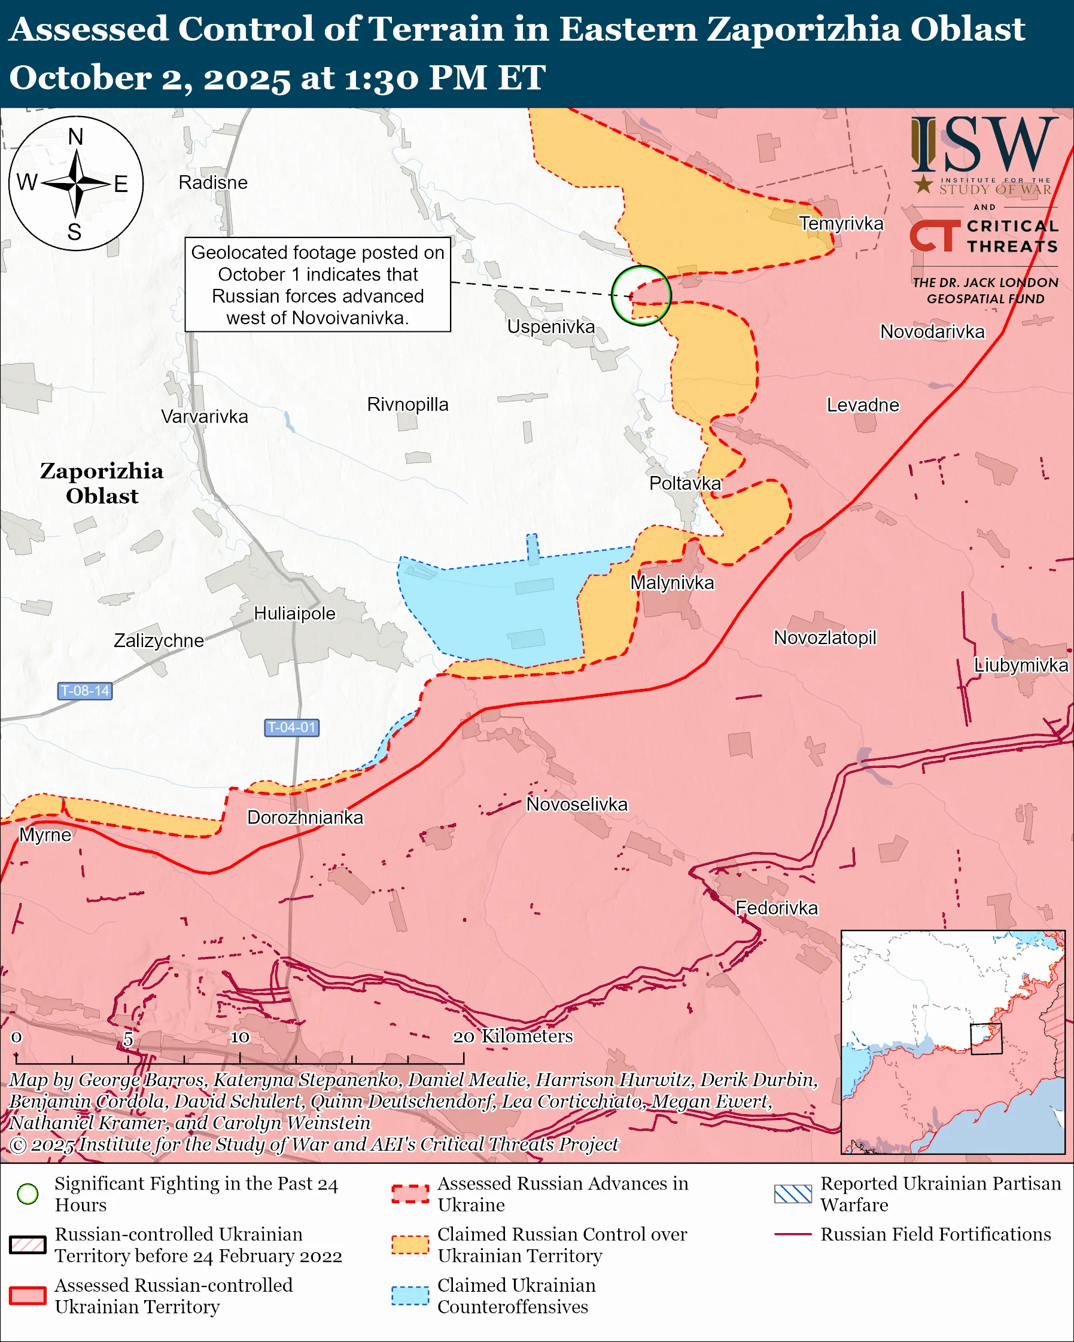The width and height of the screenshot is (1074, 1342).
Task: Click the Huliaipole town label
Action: point(294,614)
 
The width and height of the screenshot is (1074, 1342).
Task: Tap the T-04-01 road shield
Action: point(291,727)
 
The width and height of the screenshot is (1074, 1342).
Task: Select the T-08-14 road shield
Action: point(85,690)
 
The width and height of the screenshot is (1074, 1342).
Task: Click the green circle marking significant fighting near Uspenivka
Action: point(641,295)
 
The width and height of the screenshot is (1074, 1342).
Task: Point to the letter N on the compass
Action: point(75,136)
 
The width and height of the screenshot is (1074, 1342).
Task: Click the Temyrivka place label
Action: point(841,224)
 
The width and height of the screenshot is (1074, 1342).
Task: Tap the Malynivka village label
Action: point(672,582)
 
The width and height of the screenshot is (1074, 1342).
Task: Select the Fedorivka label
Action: point(777,908)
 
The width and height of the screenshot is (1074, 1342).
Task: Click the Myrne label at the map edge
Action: point(45,835)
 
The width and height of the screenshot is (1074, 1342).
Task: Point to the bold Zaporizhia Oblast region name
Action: point(102,483)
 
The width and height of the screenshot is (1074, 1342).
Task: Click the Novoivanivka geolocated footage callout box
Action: point(318,285)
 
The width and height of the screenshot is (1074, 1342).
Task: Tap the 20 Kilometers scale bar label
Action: point(512,1036)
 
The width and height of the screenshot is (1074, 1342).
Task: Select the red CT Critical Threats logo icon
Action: point(935,236)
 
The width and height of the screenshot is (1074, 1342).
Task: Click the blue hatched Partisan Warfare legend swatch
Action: point(793,1194)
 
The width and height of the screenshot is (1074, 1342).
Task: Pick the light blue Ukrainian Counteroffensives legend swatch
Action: point(410,1295)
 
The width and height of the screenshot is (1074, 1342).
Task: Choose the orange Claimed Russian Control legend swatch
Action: point(410,1245)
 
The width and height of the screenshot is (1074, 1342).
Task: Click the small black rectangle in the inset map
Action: point(986,1038)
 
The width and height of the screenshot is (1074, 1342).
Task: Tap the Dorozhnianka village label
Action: point(305,818)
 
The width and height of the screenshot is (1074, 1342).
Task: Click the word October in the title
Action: point(80,78)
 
